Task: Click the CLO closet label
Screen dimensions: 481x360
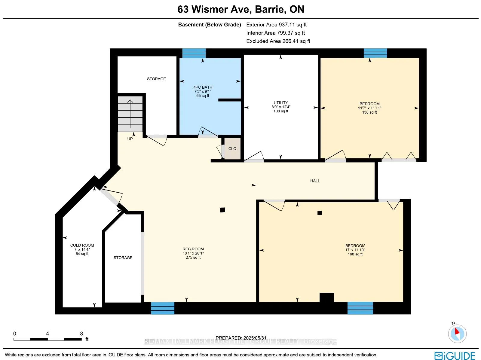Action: coord(232,149)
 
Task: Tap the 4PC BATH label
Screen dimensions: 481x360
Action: coord(203,87)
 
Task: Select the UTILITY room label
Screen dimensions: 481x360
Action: coord(281,103)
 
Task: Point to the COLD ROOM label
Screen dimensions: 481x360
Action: coord(82,245)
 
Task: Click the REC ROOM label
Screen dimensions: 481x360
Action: coord(193,249)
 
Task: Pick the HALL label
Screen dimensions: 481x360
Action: coord(315,181)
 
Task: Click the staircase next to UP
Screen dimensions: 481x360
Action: coord(130,114)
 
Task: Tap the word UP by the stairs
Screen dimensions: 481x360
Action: coord(130,139)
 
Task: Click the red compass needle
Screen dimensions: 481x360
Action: coord(457,331)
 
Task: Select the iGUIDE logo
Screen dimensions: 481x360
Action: coord(455,355)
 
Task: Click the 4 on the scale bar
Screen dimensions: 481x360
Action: coord(47,334)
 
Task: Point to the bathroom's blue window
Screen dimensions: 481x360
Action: coord(194,53)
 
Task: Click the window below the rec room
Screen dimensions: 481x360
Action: coord(163,308)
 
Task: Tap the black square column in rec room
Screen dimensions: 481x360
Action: coord(222,210)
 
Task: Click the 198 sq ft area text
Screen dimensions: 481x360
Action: coord(355,254)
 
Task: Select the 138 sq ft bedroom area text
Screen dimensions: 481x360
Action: coord(369,112)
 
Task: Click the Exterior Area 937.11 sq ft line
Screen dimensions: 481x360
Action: coord(276,25)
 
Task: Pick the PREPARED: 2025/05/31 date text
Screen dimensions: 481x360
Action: coord(241,338)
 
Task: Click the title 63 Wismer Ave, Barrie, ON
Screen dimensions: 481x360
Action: coord(241,9)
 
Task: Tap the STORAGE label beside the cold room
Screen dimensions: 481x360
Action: coord(123,258)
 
